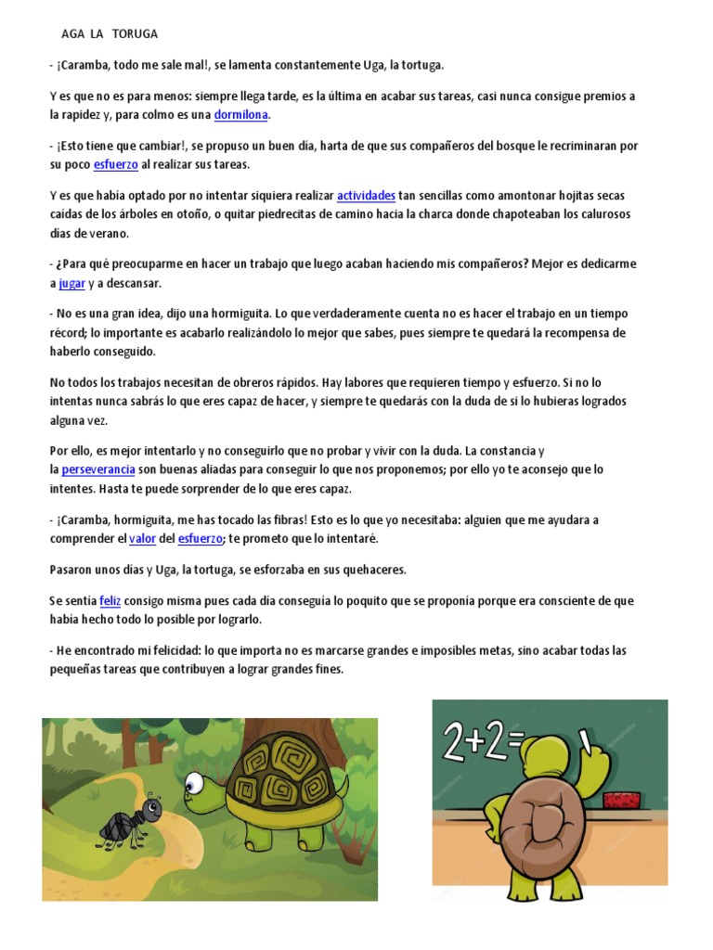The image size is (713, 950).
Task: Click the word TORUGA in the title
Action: coord(135,34)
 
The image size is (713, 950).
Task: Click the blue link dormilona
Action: coord(241,115)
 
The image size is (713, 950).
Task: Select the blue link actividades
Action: coord(366,195)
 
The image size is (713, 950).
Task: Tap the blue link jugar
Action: coord(71,283)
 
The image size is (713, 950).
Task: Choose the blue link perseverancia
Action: coord(98,469)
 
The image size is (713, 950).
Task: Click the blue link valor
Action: coord(141,538)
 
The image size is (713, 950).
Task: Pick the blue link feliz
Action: coord(110,601)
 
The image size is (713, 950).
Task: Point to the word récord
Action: coord(69,332)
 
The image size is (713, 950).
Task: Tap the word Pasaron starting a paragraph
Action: coord(71,569)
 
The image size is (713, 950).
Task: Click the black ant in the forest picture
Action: coord(129,816)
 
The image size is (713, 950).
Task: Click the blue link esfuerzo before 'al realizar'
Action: coord(116,164)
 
